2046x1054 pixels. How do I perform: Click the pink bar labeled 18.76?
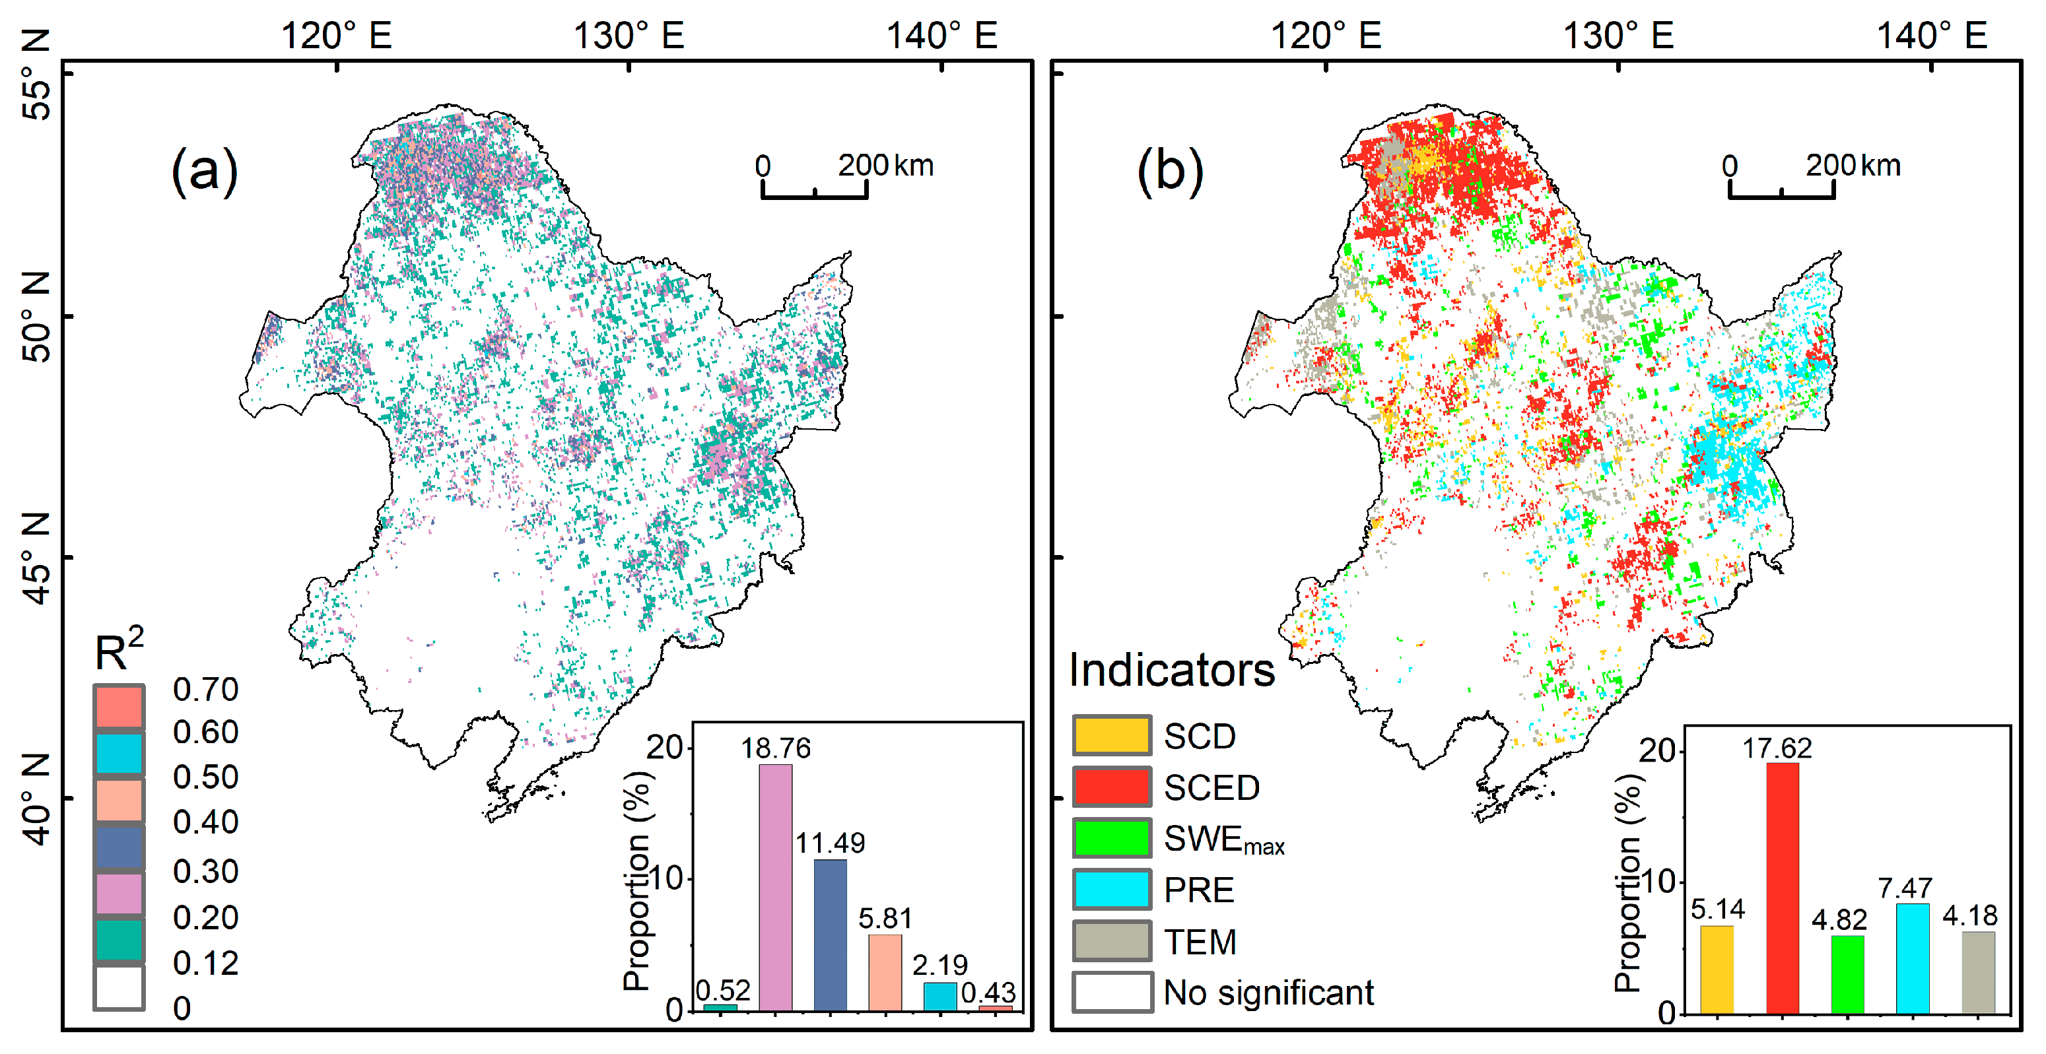click(775, 887)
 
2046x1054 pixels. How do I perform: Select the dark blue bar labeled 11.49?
click(830, 935)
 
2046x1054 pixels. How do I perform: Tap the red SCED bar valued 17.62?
click(1783, 888)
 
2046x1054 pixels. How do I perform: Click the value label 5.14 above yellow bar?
click(1717, 909)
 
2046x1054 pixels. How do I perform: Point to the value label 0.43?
click(988, 992)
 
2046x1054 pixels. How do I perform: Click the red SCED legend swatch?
click(1111, 786)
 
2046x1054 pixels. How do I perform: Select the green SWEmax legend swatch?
click(1111, 838)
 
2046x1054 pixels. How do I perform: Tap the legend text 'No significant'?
click(1268, 993)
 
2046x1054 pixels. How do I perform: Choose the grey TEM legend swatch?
click(1111, 941)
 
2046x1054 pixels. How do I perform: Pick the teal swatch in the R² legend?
click(119, 940)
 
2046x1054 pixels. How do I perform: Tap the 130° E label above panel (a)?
click(629, 36)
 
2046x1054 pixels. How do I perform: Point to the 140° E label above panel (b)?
click(1931, 36)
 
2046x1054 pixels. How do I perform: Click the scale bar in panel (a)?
click(814, 191)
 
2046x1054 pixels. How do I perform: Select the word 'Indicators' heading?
click(1171, 670)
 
